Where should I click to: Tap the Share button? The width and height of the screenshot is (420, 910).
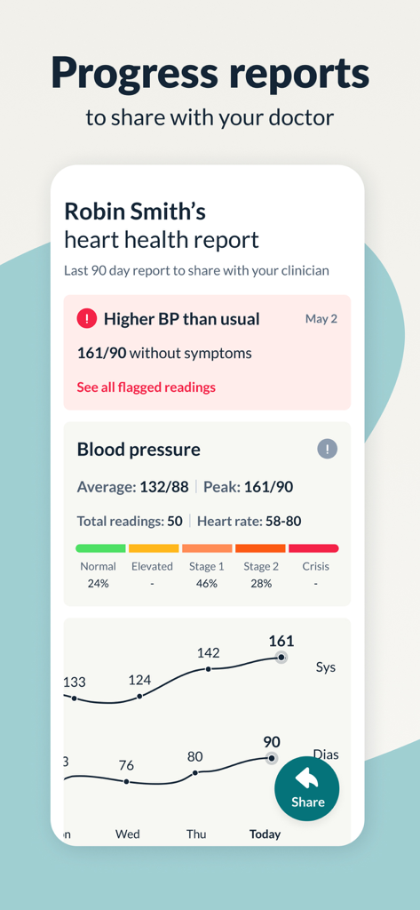click(x=307, y=787)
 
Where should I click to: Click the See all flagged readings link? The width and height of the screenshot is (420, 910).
click(x=146, y=387)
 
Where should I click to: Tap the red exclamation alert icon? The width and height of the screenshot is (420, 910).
click(x=87, y=318)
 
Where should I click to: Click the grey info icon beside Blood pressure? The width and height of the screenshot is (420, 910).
click(x=327, y=449)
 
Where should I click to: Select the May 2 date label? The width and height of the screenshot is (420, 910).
click(x=321, y=318)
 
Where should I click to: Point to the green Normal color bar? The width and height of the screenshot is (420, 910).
click(x=100, y=548)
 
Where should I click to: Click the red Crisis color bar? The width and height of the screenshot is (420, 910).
click(x=313, y=548)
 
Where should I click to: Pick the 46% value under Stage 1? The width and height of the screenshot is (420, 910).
click(x=206, y=583)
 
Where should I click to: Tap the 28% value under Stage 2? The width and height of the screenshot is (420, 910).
click(x=260, y=583)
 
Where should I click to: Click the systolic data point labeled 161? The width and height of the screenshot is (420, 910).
click(x=281, y=657)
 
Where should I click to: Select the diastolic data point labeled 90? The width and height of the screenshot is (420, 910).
click(x=272, y=758)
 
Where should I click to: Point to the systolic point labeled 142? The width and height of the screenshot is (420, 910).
click(x=208, y=668)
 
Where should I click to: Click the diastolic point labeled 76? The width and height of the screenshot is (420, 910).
click(x=126, y=781)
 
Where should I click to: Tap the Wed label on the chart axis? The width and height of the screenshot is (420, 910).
click(x=127, y=834)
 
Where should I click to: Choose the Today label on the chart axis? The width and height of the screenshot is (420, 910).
click(x=265, y=834)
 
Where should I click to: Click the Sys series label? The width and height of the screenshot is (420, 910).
click(x=326, y=667)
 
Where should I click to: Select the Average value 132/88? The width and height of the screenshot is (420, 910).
click(x=164, y=487)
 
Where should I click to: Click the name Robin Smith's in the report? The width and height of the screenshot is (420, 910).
click(x=135, y=212)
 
